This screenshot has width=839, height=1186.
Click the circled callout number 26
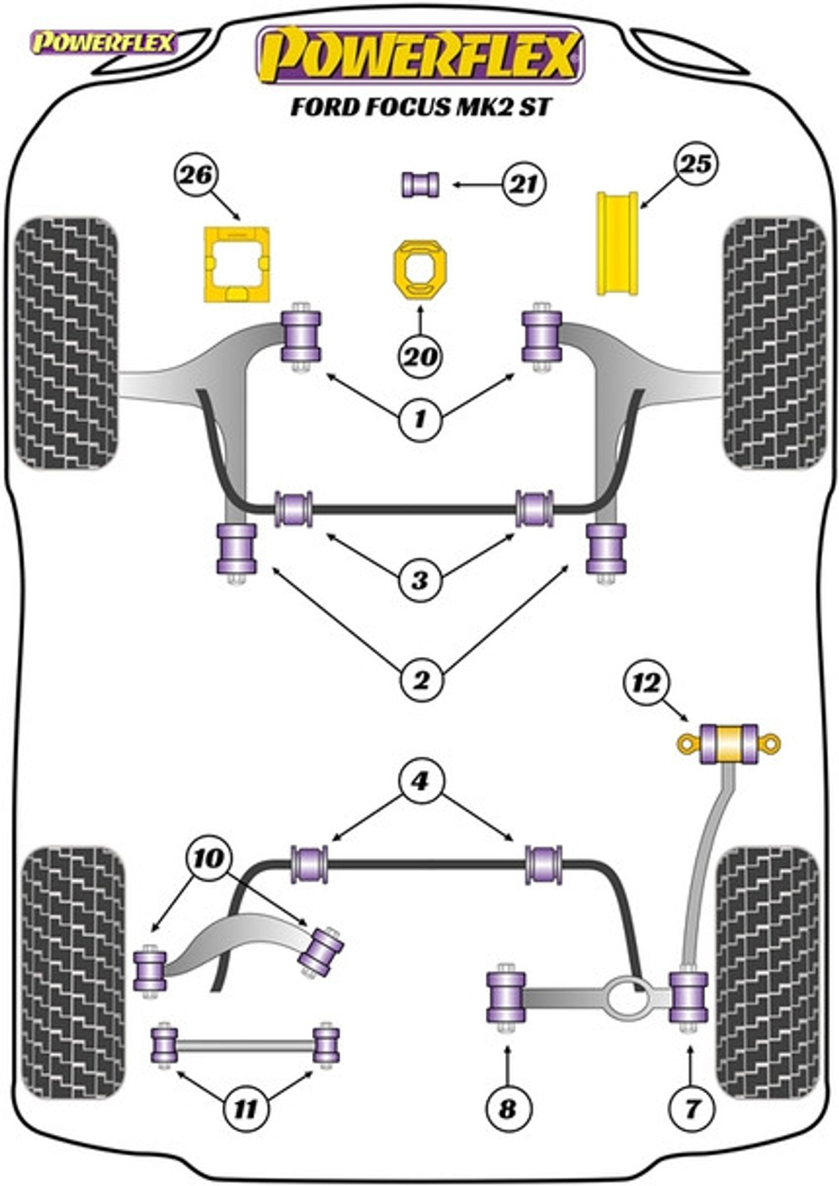click(196, 174)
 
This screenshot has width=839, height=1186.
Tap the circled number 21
click(524, 185)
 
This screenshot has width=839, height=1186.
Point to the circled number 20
click(420, 357)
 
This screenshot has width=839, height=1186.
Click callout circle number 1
click(420, 419)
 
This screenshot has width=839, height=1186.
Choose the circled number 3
click(420, 579)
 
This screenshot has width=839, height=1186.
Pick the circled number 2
click(420, 679)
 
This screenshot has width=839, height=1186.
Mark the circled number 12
click(646, 682)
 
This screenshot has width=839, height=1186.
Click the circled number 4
click(420, 781)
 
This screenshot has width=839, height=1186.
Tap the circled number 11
click(245, 1108)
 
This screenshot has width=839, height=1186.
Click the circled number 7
click(691, 1108)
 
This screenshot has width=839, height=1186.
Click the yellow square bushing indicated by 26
click(237, 264)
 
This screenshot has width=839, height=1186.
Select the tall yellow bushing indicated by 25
click(617, 243)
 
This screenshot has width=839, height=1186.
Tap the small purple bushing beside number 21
click(420, 185)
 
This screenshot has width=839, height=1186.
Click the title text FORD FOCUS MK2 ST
click(421, 107)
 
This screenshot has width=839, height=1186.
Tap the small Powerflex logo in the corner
click(103, 43)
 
